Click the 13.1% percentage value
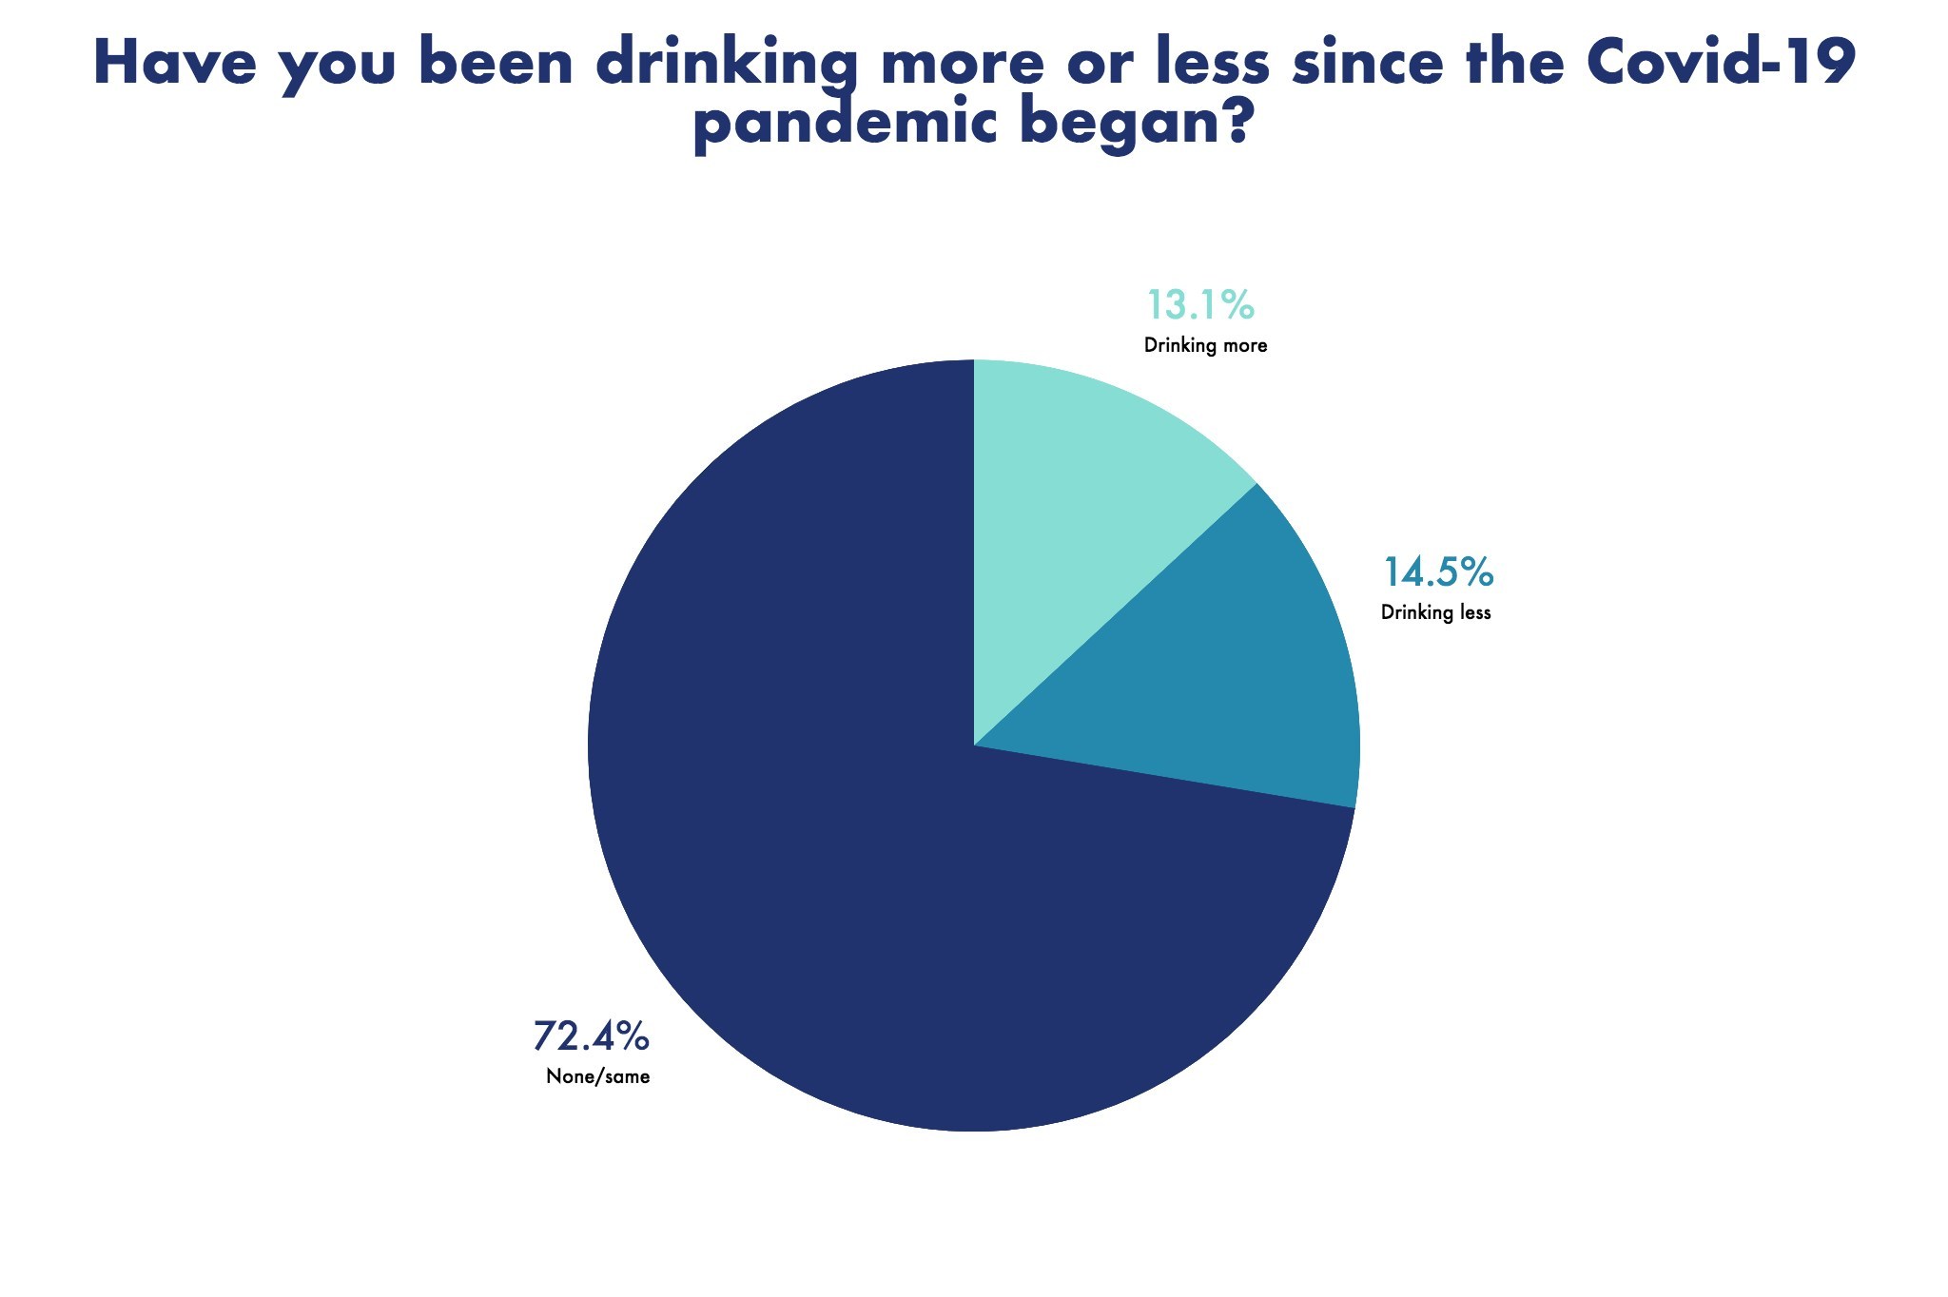(1200, 305)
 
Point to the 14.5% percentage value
(1437, 572)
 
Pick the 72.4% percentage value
(591, 1036)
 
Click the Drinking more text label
(1205, 345)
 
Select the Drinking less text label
(1435, 612)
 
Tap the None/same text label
(597, 1077)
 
